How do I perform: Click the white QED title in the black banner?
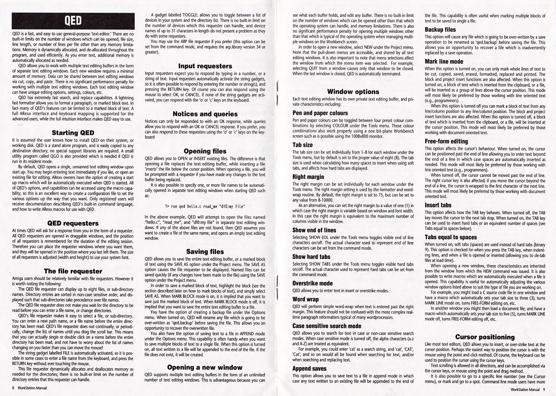click(x=73, y=21)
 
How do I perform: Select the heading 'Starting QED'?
click(x=73, y=133)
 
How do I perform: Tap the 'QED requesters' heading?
click(x=73, y=223)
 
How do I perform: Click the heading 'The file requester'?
click(x=73, y=271)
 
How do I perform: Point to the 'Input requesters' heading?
click(x=205, y=66)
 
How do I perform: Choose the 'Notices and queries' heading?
click(x=205, y=114)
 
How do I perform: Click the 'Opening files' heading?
click(x=205, y=151)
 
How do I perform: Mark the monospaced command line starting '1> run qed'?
click(x=205, y=206)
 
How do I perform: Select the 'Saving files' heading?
click(x=205, y=252)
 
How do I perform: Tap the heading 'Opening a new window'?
click(x=205, y=367)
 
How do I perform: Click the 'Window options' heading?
click(x=353, y=92)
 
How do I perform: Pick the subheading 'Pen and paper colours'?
click(x=320, y=113)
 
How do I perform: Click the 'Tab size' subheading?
click(x=303, y=145)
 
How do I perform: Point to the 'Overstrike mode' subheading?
click(x=313, y=283)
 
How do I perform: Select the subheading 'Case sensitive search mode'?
click(x=327, y=326)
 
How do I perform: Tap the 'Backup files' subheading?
click(x=440, y=30)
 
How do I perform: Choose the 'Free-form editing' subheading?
click(x=446, y=141)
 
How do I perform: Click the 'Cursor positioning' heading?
click(x=485, y=337)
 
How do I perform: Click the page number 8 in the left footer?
click(x=13, y=388)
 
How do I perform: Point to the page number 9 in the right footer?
click(x=544, y=390)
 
